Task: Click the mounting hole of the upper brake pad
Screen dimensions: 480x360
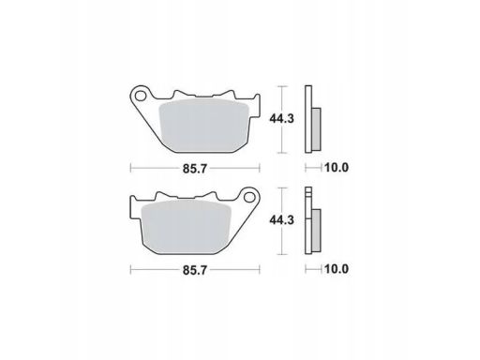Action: tap(141, 96)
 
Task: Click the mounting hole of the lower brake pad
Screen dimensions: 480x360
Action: tap(249, 197)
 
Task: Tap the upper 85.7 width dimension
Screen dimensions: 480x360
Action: tap(195, 169)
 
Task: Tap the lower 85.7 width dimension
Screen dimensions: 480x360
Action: tap(195, 270)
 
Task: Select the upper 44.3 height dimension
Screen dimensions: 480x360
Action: tap(282, 119)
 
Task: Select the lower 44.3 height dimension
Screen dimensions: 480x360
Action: tap(282, 220)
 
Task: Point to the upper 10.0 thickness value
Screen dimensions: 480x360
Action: tap(337, 168)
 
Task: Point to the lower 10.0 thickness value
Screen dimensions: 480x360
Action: tap(337, 269)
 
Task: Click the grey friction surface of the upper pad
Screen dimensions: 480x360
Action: tap(203, 126)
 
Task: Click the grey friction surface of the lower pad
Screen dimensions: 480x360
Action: tap(186, 227)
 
